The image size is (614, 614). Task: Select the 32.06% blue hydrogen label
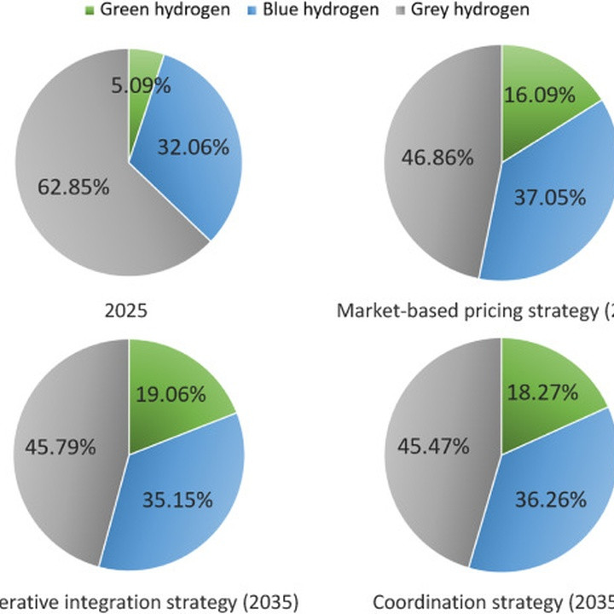[x=194, y=148]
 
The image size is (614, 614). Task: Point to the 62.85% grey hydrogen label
[x=72, y=187]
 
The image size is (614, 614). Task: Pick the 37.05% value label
[x=550, y=198]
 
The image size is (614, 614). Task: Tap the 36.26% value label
[x=550, y=499]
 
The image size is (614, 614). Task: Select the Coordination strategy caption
[x=493, y=602]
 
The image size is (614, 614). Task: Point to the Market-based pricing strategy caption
[x=474, y=310]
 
